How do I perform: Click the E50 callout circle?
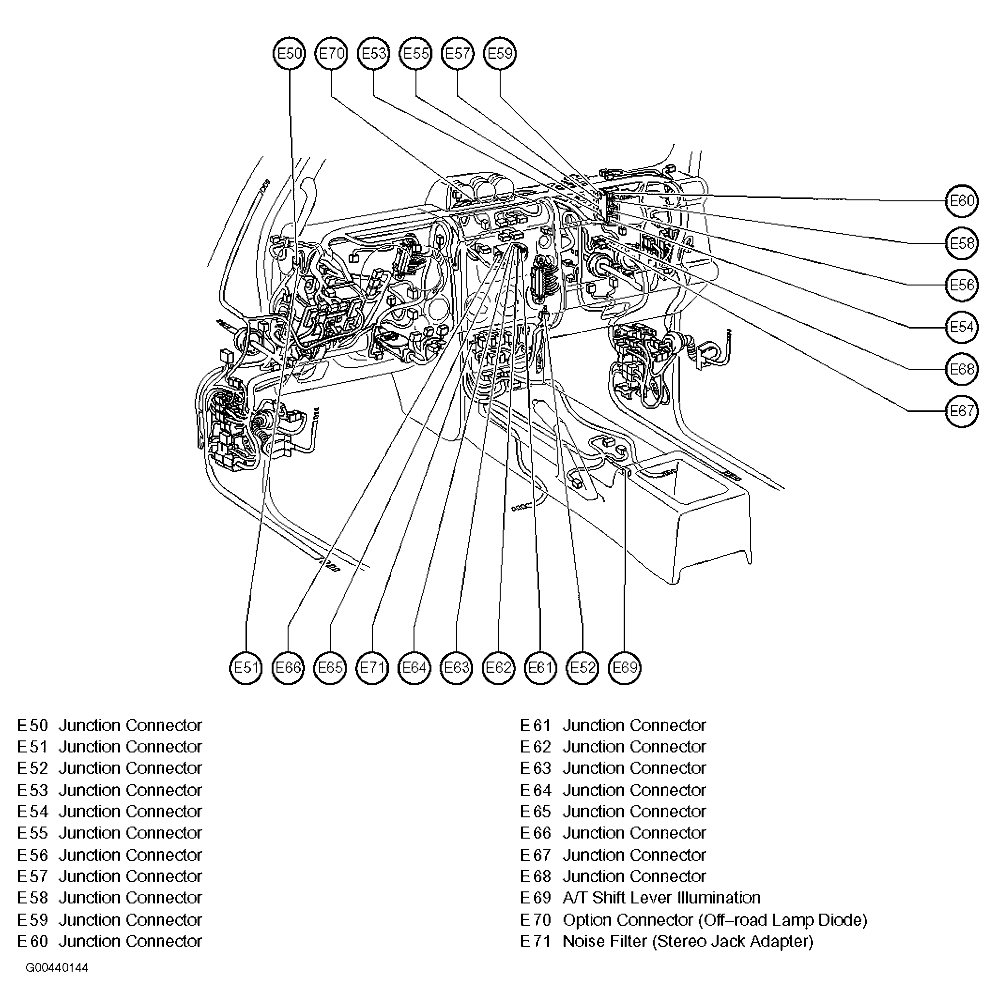[x=289, y=54]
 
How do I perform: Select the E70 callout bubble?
[x=332, y=54]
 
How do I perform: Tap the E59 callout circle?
[x=500, y=54]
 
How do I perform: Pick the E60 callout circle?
[x=962, y=201]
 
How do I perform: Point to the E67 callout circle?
[x=962, y=411]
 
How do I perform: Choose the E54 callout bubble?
[x=962, y=327]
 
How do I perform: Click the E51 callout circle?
[x=246, y=668]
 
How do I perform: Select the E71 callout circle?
[x=372, y=668]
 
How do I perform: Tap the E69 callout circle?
[x=625, y=668]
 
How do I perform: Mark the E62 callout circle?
[x=499, y=668]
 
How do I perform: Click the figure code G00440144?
[x=57, y=968]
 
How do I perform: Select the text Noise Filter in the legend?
[x=604, y=941]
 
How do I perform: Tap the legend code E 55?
[x=32, y=833]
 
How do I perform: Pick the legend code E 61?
[x=536, y=726]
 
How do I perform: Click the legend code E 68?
[x=536, y=876]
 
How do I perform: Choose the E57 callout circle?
[x=458, y=54]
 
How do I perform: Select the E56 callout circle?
[x=962, y=286]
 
